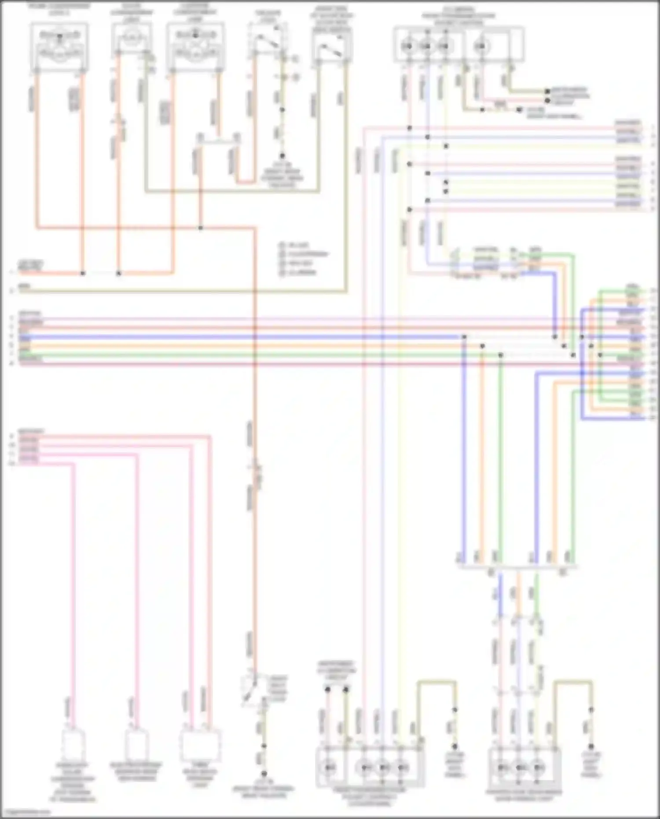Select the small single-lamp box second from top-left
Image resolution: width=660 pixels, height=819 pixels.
click(131, 39)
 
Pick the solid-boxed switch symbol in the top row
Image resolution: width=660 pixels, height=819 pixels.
click(332, 48)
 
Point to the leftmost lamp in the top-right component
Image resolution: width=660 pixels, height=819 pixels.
click(408, 46)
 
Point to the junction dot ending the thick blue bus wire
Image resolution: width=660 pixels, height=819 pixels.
click(464, 337)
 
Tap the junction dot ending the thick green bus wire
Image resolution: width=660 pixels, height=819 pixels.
click(500, 355)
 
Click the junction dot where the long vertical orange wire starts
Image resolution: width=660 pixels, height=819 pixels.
click(201, 228)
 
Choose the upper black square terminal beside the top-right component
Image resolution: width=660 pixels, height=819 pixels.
click(547, 92)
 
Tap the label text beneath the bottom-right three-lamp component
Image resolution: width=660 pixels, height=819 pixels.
click(524, 794)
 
